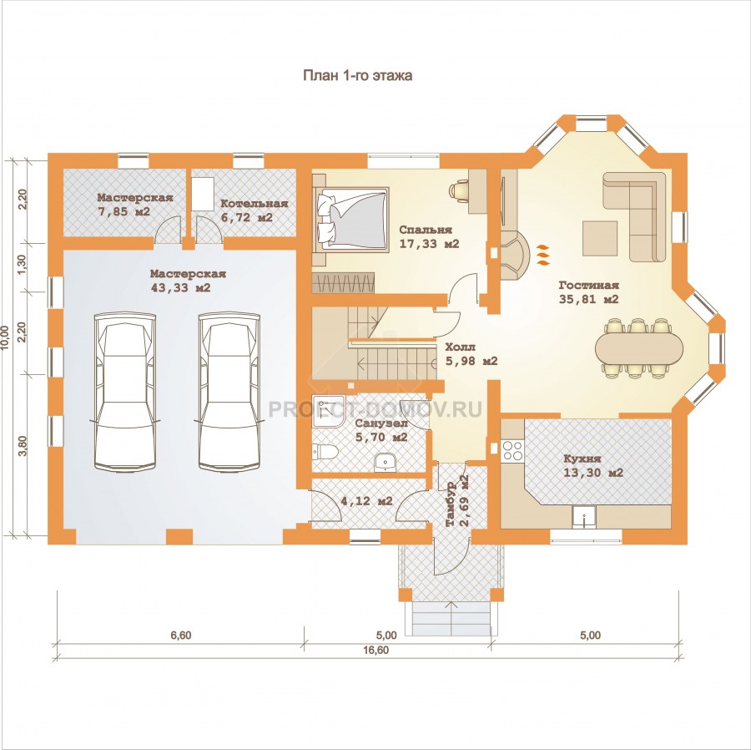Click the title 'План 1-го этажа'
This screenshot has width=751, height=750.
(357, 76)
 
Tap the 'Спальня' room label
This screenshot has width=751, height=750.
(426, 230)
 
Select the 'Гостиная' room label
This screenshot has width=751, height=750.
(588, 285)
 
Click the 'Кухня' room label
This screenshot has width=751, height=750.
(582, 459)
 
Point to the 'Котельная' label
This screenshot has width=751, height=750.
(255, 204)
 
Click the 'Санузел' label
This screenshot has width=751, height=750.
(381, 423)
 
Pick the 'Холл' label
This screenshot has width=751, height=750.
(461, 347)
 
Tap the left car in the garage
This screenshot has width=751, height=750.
(126, 391)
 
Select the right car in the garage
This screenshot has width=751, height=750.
(230, 391)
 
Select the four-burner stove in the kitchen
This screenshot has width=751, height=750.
(512, 450)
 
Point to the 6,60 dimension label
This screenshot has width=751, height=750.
(181, 635)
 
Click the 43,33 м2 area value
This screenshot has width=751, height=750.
(180, 288)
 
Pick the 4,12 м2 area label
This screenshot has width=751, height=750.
(366, 501)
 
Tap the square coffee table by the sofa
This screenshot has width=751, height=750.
(600, 238)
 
